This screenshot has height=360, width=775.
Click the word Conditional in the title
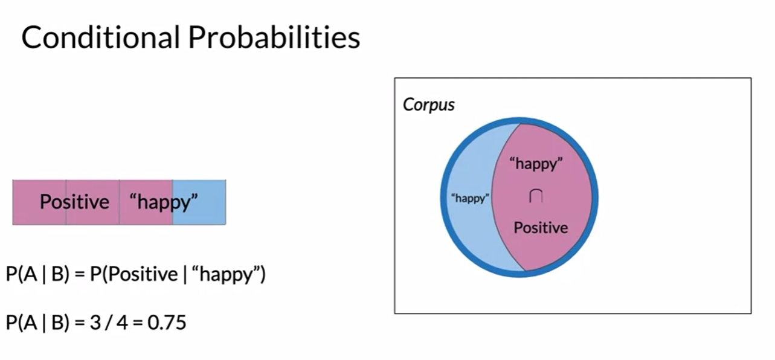[101, 37]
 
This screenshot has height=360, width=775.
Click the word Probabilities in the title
[274, 37]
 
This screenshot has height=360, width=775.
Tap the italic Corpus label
[429, 104]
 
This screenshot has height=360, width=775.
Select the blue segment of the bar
[199, 202]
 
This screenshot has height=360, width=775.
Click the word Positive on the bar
[74, 202]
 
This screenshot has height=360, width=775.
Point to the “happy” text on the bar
[164, 202]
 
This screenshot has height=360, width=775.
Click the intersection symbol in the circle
[536, 196]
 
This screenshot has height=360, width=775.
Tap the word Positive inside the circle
[541, 228]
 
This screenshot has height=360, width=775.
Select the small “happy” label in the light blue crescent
[470, 199]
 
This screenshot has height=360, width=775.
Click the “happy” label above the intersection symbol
[536, 164]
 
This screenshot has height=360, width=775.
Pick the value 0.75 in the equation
[167, 323]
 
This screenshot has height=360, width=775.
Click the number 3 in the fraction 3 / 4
[95, 323]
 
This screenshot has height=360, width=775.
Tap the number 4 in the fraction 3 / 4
[122, 323]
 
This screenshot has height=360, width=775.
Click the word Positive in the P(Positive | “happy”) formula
[143, 274]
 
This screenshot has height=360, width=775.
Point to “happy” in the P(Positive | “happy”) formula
[225, 275]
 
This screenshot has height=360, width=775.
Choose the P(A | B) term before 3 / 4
[37, 323]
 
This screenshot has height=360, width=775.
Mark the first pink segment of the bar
[39, 202]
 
